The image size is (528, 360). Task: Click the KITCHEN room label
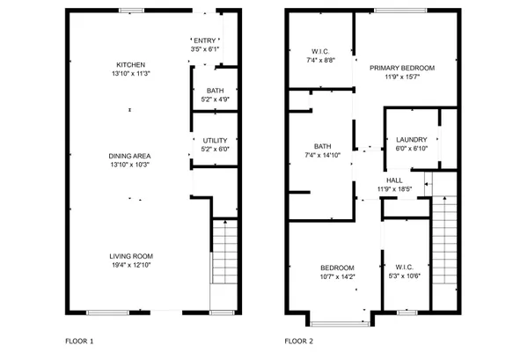coord(130,65)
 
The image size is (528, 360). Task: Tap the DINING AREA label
coord(130,155)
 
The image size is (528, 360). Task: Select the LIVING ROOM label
coord(130,255)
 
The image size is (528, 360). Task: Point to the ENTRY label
coord(204,40)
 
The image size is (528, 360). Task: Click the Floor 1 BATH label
coord(215,91)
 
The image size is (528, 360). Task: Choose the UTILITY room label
coord(215,140)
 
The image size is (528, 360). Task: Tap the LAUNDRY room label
coord(412,139)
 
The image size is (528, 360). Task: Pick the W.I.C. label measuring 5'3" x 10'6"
coord(405,268)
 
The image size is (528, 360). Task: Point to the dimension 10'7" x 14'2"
coord(337,276)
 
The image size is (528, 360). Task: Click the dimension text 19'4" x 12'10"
coord(130,264)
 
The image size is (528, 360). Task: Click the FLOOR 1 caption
coord(79,341)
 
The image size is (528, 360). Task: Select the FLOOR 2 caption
coord(299,341)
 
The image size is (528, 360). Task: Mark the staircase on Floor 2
coord(447,255)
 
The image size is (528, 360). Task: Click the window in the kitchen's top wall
coord(132,11)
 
